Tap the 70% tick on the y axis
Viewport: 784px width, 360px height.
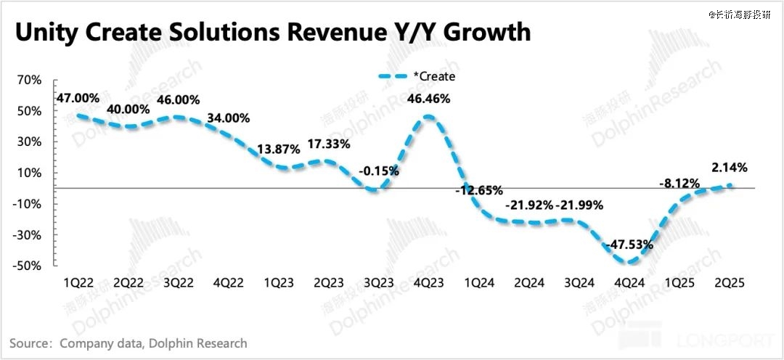point(30,80)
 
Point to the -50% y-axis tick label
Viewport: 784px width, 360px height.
point(28,266)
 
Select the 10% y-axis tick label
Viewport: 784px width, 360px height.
point(30,173)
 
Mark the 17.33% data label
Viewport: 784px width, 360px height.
point(329,144)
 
